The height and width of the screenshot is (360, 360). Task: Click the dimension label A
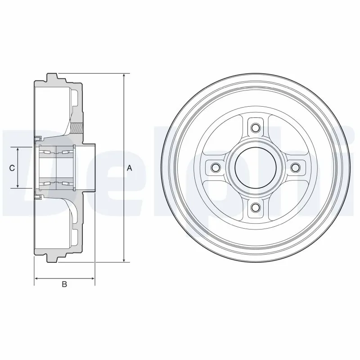pos(129,168)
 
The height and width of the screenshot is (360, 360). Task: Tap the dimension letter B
pos(64,284)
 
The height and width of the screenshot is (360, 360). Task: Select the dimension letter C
pos(13,168)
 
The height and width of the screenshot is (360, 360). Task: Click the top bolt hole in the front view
pos(255,127)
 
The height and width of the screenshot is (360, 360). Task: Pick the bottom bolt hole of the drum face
pos(255,207)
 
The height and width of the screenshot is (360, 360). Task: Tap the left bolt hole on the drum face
pos(215,167)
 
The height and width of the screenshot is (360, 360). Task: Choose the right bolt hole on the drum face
pos(295,167)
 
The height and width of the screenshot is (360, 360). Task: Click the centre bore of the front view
pos(255,167)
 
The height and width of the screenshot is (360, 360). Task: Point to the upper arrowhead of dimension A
pos(124,76)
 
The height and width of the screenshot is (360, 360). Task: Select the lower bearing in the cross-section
pos(56,183)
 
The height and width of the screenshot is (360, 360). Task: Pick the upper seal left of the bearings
pos(38,137)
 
